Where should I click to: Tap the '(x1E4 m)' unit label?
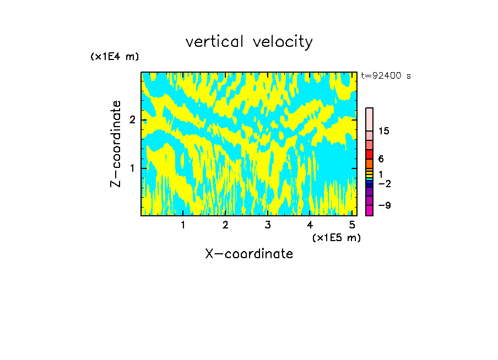coord(115,57)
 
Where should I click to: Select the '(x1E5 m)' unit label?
coord(336,237)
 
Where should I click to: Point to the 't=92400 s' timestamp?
coord(386,76)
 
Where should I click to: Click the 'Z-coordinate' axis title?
coord(116,144)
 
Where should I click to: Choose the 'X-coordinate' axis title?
coord(249,254)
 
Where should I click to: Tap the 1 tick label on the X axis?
coord(183,225)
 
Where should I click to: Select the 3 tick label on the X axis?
coord(267,225)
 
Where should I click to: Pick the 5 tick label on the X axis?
coord(351,225)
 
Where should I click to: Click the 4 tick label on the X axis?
coord(310,225)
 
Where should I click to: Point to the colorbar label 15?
coord(384,131)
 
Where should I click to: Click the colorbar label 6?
coord(381,159)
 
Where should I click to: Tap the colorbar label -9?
coord(383,205)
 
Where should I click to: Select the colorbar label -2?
coord(383,183)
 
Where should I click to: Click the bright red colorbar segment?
coord(369,154)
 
